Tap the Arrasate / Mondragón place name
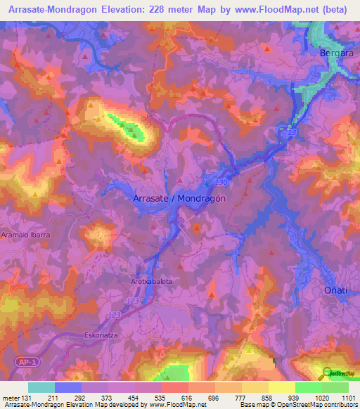[x=179, y=198]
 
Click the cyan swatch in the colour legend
[x=41, y=387]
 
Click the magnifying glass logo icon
[x=327, y=374]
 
